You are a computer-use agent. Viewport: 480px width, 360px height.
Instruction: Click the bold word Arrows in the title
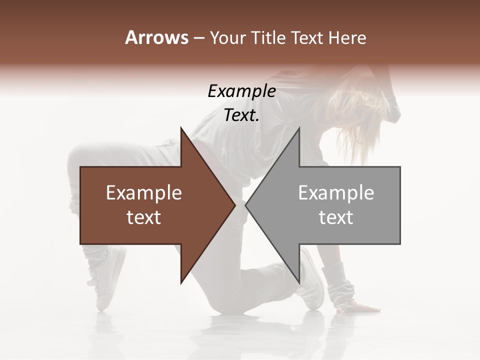156,37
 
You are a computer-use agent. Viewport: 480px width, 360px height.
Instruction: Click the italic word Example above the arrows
241,91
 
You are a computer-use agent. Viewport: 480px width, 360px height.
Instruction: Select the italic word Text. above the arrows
241,115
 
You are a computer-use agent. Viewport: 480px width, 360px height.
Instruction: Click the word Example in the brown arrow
144,193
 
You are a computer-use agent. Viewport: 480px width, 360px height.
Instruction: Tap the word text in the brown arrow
144,217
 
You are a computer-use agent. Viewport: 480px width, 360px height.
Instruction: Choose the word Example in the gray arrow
336,193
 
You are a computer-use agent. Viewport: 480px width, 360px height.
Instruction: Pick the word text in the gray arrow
336,217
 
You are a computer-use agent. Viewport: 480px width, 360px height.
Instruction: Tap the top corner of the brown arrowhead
181,128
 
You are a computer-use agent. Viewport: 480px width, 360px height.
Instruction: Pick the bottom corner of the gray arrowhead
299,283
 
